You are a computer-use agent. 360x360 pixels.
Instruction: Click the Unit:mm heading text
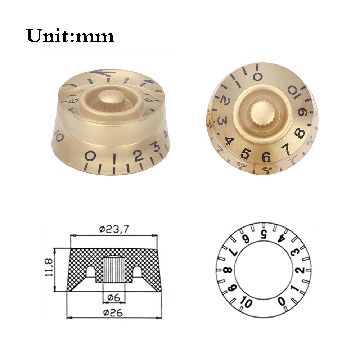click(71, 36)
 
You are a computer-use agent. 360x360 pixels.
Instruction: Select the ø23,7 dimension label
click(113, 228)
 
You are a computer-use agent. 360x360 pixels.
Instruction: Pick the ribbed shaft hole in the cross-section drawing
click(114, 270)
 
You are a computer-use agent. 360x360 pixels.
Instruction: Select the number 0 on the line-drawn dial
click(281, 300)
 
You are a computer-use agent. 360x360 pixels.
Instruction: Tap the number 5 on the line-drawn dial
click(264, 234)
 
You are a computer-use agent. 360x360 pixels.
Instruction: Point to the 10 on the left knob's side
click(59, 137)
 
